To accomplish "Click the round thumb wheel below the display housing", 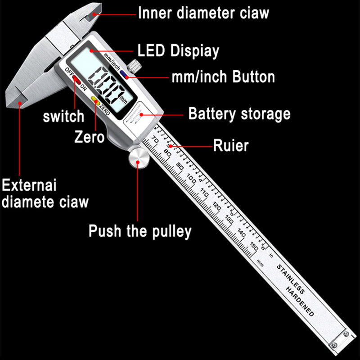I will click(x=137, y=158).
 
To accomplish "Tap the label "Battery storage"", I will click(x=239, y=113).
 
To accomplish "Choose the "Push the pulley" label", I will click(x=139, y=231).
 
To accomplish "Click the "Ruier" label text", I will click(x=230, y=145).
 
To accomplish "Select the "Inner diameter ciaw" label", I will click(x=203, y=13).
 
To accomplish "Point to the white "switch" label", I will click(x=63, y=116).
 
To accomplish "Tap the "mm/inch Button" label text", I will click(x=223, y=76).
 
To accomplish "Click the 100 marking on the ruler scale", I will click(x=190, y=179).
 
